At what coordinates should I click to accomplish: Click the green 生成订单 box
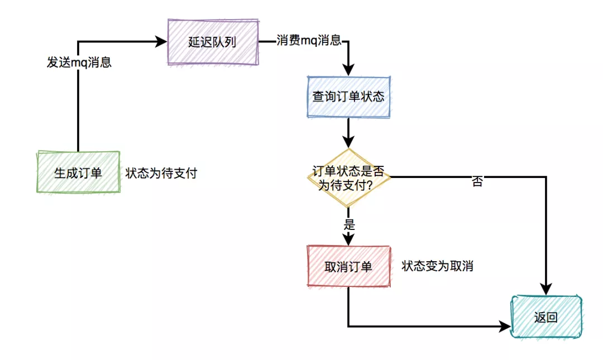pyautogui.click(x=78, y=172)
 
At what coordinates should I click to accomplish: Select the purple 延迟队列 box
pyautogui.click(x=213, y=42)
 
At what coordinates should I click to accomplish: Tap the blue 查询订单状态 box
pyautogui.click(x=348, y=96)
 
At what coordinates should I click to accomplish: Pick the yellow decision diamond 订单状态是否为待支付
pyautogui.click(x=348, y=178)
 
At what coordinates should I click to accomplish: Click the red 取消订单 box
pyautogui.click(x=348, y=267)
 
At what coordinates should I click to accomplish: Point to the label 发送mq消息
pyautogui.click(x=79, y=62)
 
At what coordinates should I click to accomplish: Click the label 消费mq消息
pyautogui.click(x=309, y=41)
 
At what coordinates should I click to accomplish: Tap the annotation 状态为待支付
pyautogui.click(x=161, y=173)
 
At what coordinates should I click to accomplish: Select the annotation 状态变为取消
pyautogui.click(x=437, y=266)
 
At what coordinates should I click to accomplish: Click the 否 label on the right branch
pyautogui.click(x=477, y=181)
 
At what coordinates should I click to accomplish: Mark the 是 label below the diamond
pyautogui.click(x=350, y=225)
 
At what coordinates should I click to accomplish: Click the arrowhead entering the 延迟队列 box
pyautogui.click(x=162, y=42)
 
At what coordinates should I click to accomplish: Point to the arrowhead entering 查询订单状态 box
pyautogui.click(x=348, y=70)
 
